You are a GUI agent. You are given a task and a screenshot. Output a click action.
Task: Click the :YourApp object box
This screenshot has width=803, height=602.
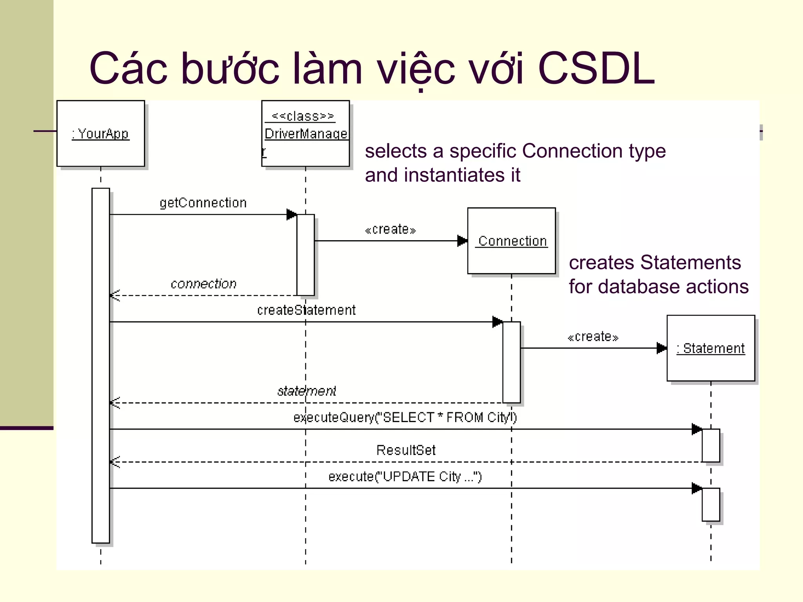point(100,133)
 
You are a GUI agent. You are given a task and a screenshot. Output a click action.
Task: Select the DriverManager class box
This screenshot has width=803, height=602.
point(305,134)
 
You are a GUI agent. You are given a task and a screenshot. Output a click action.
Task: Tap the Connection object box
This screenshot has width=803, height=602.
point(511,241)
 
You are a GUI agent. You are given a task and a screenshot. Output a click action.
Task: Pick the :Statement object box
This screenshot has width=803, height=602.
point(710,348)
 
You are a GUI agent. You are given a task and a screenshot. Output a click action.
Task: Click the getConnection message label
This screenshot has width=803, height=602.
point(203,203)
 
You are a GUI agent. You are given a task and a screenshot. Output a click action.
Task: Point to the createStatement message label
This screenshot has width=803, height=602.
point(306,310)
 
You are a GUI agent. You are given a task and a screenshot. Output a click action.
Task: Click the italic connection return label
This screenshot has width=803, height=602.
point(203,284)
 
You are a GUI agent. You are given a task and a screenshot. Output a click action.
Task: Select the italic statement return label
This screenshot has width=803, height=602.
point(307,391)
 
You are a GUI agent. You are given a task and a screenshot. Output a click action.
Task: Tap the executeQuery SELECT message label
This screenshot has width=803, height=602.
point(405,418)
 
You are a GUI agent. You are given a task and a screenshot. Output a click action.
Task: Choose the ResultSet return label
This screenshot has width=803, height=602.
point(406,450)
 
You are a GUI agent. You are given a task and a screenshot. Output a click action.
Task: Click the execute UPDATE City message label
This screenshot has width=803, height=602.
point(405,477)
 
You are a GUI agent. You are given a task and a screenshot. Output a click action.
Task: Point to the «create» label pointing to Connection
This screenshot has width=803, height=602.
point(390,230)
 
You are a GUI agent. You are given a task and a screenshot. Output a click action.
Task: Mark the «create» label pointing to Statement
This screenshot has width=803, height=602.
point(593,337)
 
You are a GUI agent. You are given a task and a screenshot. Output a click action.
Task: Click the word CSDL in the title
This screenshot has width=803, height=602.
point(596,69)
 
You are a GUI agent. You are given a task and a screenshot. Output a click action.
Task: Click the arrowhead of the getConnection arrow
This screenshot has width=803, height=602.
point(291,214)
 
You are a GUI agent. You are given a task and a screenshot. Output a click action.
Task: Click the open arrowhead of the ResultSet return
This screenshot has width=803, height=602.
point(114,462)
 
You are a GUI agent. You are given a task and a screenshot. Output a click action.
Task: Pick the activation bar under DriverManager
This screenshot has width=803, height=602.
point(305,255)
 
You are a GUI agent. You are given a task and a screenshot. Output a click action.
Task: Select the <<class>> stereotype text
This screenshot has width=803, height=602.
point(303,116)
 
